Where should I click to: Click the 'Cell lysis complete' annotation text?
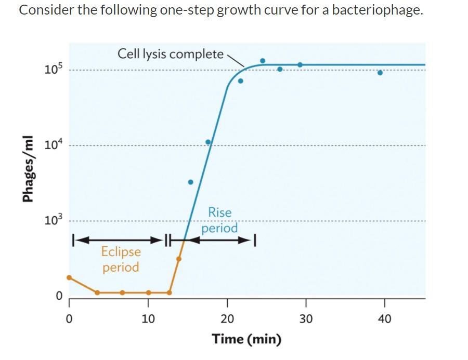(x=171, y=54)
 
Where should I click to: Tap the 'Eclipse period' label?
(x=121, y=259)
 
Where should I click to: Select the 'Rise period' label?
(x=219, y=220)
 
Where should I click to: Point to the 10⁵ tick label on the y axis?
(x=53, y=69)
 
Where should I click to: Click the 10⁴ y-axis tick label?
(x=53, y=145)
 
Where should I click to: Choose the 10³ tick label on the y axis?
(x=53, y=220)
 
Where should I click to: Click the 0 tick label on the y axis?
(x=59, y=296)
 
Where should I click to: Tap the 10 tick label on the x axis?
(x=148, y=318)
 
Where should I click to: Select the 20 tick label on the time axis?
(x=227, y=318)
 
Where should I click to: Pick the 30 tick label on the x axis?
(x=306, y=318)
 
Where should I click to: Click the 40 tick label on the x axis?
(x=384, y=318)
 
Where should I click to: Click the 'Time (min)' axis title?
(x=246, y=339)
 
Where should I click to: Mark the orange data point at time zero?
(x=69, y=277)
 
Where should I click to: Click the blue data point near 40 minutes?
(x=380, y=73)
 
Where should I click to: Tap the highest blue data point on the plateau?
(x=263, y=61)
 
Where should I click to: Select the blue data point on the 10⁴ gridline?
(x=208, y=142)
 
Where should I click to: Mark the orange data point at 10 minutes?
(x=148, y=292)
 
